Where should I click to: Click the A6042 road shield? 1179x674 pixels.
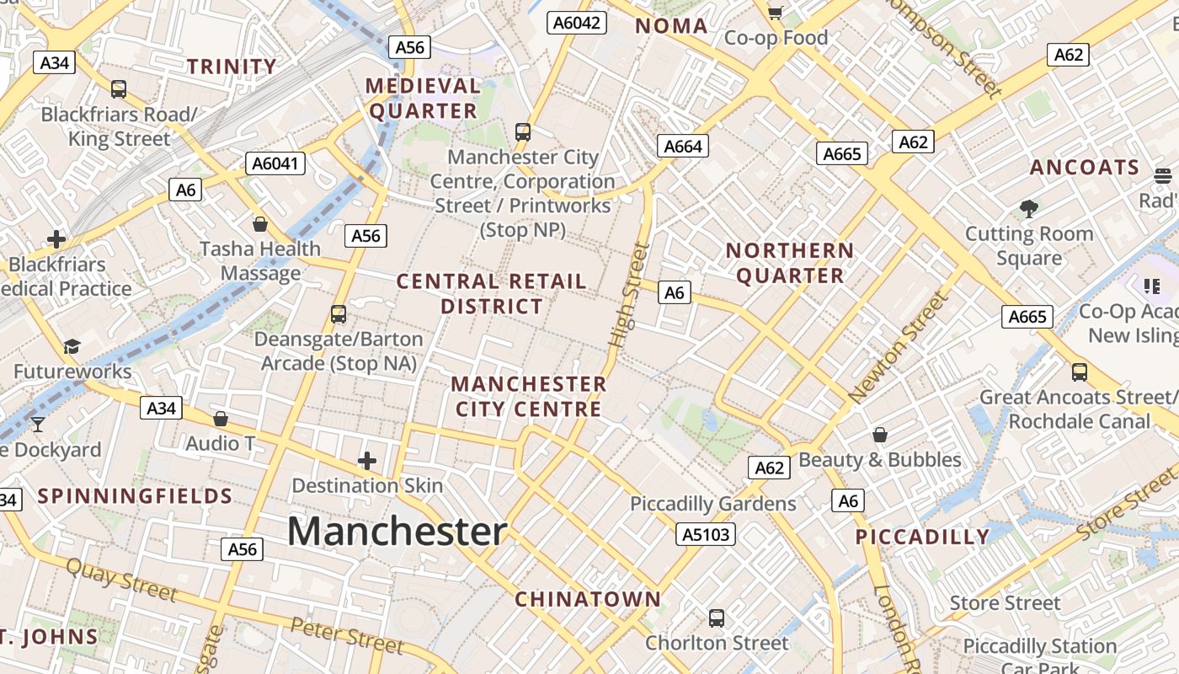577,23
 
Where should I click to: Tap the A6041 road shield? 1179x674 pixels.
275,163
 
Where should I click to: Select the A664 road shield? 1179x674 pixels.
682,147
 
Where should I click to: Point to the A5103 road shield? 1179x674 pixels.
706,534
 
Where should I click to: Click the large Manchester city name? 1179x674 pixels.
397,532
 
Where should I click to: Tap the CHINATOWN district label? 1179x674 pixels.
588,600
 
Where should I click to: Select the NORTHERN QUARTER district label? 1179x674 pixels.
790,263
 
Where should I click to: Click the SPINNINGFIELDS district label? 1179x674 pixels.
135,495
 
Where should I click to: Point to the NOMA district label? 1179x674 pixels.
671,26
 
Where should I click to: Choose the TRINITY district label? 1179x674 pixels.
232,67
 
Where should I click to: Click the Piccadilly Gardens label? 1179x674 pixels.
713,504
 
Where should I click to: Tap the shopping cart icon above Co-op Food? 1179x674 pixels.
775,12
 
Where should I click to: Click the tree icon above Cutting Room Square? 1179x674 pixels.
1028,208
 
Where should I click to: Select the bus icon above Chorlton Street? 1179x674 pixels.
716,618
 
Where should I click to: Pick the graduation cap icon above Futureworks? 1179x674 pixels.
72,347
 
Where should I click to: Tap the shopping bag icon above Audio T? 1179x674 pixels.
220,419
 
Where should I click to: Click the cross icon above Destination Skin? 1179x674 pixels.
366,461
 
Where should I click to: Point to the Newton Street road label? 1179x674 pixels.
899,347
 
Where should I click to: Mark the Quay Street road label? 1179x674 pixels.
121,580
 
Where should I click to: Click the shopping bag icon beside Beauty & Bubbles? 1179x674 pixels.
880,435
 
